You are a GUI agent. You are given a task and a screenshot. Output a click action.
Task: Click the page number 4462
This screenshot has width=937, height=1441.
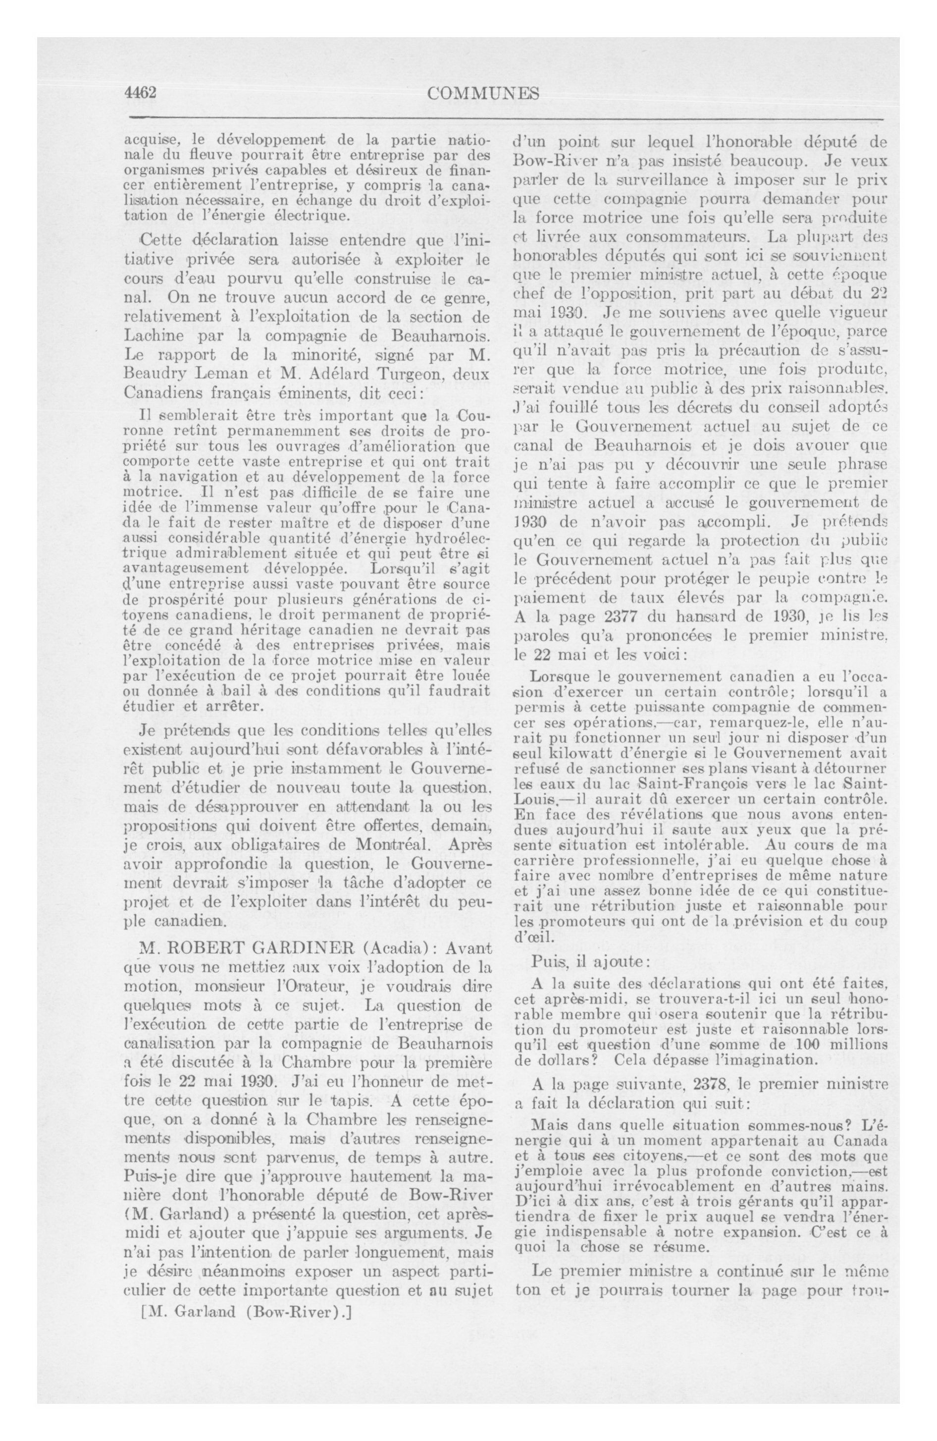point(140,93)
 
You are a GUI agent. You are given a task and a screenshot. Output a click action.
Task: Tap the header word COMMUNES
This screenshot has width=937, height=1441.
point(482,94)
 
